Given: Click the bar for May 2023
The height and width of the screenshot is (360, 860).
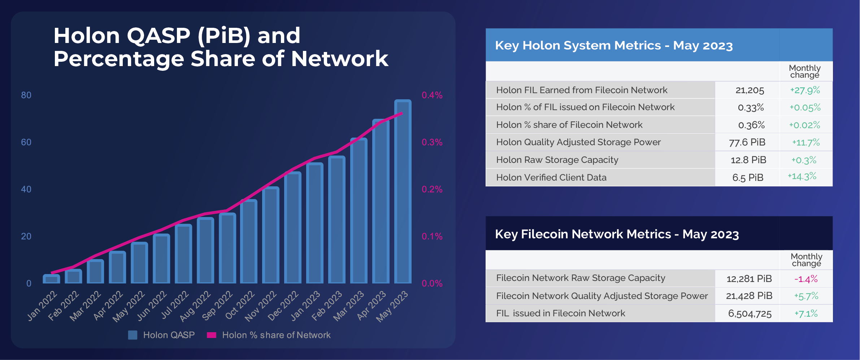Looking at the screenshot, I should click(x=403, y=191).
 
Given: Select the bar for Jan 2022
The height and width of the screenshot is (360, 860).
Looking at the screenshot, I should click(x=51, y=279).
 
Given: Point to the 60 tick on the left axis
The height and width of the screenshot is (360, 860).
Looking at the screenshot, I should click(x=26, y=142).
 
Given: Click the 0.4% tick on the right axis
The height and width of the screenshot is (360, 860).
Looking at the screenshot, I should click(x=432, y=95).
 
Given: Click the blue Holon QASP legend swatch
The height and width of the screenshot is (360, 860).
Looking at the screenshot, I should click(x=133, y=335).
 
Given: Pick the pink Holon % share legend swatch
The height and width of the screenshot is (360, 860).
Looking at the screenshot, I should click(x=211, y=335).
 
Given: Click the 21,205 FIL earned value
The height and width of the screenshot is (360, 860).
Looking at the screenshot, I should click(x=750, y=90).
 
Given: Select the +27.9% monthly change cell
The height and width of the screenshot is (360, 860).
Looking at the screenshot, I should click(x=805, y=90).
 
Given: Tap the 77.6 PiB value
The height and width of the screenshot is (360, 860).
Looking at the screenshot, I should click(x=747, y=142).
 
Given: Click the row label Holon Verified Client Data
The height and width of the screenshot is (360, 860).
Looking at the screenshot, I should click(x=551, y=178).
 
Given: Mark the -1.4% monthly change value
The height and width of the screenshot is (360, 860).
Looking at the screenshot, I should click(x=806, y=279).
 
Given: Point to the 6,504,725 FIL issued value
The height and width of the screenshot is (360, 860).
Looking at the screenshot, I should click(x=750, y=313).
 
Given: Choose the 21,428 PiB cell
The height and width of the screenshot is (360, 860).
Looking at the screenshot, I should click(x=749, y=296).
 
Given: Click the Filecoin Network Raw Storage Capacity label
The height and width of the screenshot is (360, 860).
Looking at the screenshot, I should click(x=580, y=278).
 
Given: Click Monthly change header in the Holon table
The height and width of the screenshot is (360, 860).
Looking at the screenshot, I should click(x=805, y=71).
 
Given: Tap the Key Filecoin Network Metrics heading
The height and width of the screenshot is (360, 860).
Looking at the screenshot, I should click(x=617, y=234).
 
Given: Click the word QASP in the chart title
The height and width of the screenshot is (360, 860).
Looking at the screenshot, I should click(x=158, y=36).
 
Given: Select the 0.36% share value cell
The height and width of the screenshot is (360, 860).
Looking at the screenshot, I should click(x=751, y=125).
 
